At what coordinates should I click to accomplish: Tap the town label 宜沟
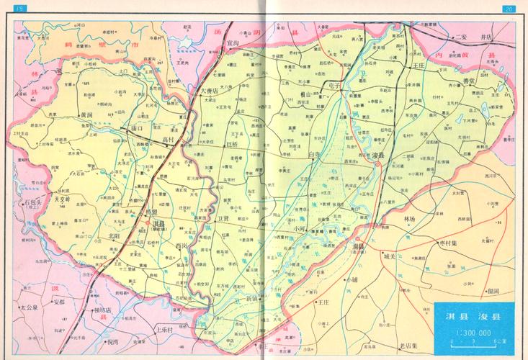[x=233, y=42]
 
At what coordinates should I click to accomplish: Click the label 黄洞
[x=86, y=114]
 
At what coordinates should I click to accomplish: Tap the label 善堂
[x=469, y=81]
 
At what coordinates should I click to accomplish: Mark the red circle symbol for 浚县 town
[x=377, y=165]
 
